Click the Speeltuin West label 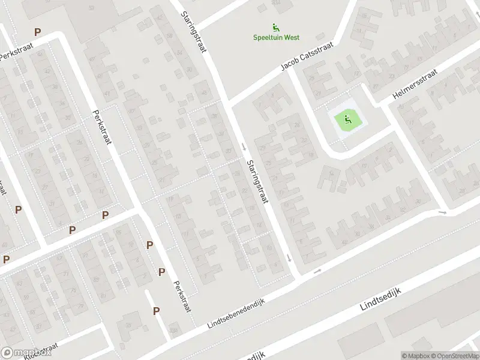pos(275,37)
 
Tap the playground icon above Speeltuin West pos(275,27)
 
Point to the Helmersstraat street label pos(415,84)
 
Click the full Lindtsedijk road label pos(380,298)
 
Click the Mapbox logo pos(26,353)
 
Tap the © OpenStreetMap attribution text pos(449,356)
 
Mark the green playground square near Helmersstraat pos(346,120)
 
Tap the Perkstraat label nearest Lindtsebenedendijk pos(181,296)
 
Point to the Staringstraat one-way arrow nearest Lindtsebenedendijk pos(289,258)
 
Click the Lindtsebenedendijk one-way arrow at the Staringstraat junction pos(317,271)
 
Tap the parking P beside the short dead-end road pos(156,311)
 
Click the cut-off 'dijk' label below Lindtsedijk pos(255,355)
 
